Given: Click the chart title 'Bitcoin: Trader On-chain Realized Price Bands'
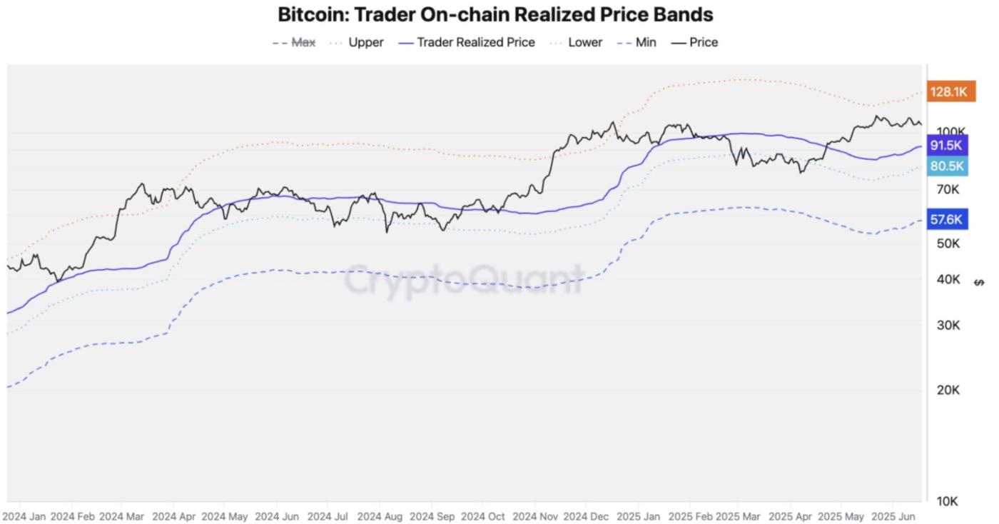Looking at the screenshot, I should pos(495,14).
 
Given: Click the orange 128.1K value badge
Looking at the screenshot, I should pos(949,91).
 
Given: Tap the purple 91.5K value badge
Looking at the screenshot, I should pos(947,146).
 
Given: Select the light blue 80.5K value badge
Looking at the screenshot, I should pos(947,166).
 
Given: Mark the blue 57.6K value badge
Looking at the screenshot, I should pos(947,220).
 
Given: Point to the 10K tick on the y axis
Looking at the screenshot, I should pos(947,501).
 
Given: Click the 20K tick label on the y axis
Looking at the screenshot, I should pos(948,390).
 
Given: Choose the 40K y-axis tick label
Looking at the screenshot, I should pos(948,279).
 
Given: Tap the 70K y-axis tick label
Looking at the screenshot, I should pos(948,189).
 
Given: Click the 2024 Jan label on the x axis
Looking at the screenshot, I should pos(24,515).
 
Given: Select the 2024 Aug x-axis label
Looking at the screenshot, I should pos(380,515).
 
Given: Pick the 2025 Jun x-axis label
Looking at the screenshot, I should pos(894,515).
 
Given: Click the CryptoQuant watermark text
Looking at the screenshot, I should pos(465,279).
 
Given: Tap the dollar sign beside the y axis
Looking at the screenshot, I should pos(979,282).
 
